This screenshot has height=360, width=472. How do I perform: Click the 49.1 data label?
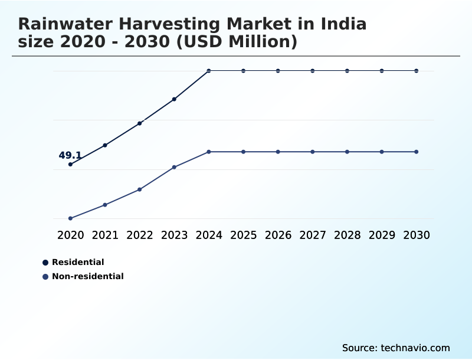pos(70,156)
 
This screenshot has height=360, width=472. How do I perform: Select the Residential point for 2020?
pos(71,164)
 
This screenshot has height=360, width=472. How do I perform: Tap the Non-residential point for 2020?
pos(71,218)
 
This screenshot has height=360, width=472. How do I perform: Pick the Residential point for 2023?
pos(175,99)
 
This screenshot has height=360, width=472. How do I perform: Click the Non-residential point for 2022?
pos(140,189)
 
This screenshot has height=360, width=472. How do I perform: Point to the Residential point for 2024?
pos(209,71)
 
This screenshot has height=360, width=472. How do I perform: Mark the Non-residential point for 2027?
pos(313,152)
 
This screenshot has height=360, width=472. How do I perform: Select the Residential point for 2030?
pos(417,71)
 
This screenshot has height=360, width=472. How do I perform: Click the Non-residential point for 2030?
pos(417,152)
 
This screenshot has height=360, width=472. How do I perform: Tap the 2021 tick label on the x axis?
pos(105,235)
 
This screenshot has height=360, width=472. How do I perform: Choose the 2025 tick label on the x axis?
pos(244,235)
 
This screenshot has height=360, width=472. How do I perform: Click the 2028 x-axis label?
pos(348,235)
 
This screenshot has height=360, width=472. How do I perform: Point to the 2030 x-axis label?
pos(417,235)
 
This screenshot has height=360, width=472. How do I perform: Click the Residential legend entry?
pos(78,262)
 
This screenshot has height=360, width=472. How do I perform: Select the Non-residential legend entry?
pos(87,276)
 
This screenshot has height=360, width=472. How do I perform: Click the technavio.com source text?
pos(415,348)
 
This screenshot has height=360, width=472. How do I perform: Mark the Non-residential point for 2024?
pos(209,152)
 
